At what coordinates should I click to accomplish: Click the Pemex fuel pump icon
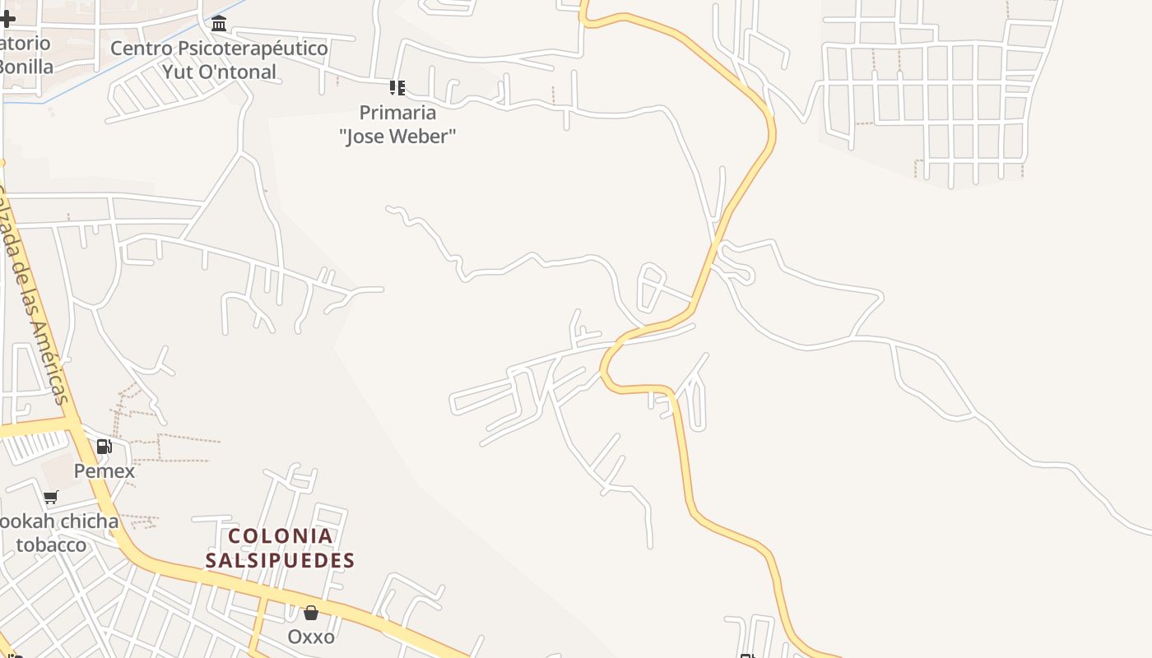pyautogui.click(x=104, y=447)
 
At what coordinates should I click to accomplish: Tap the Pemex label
pyautogui.click(x=104, y=471)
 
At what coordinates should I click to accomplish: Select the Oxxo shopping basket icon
pyautogui.click(x=311, y=613)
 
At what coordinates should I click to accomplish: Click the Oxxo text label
pyautogui.click(x=311, y=637)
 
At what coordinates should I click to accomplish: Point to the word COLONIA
pyautogui.click(x=281, y=536)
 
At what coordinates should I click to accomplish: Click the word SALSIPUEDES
pyautogui.click(x=280, y=561)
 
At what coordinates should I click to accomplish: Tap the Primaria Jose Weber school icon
pyautogui.click(x=397, y=87)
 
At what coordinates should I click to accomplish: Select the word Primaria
pyautogui.click(x=397, y=112)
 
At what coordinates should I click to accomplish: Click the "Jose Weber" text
pyautogui.click(x=397, y=136)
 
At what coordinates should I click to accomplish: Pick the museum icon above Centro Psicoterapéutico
pyautogui.click(x=219, y=23)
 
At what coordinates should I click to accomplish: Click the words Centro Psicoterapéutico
pyautogui.click(x=219, y=48)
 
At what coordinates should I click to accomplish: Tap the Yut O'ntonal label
pyautogui.click(x=219, y=72)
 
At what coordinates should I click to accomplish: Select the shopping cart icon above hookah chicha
pyautogui.click(x=51, y=497)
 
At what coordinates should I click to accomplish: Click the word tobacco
pyautogui.click(x=51, y=544)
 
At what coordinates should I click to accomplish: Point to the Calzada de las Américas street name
pyautogui.click(x=35, y=296)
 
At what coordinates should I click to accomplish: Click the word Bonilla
pyautogui.click(x=25, y=67)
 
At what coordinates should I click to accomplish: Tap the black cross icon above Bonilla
pyautogui.click(x=7, y=18)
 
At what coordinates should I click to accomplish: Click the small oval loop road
pyautogui.click(x=651, y=288)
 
